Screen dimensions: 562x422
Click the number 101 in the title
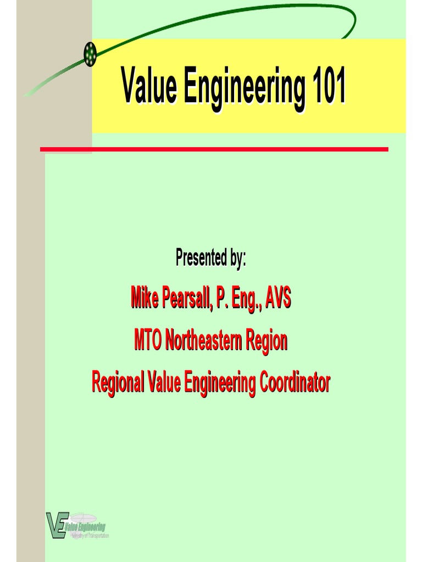click(329, 87)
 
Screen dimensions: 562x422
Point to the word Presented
click(201, 257)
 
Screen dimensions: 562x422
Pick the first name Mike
click(145, 299)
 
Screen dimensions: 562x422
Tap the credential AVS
click(277, 299)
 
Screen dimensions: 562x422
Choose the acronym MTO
click(148, 341)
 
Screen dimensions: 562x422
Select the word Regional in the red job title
click(117, 383)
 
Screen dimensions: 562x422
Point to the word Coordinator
click(295, 382)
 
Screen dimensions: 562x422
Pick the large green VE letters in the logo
click(57, 525)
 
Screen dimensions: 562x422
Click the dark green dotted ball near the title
click(90, 54)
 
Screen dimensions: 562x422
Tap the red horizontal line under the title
click(214, 149)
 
